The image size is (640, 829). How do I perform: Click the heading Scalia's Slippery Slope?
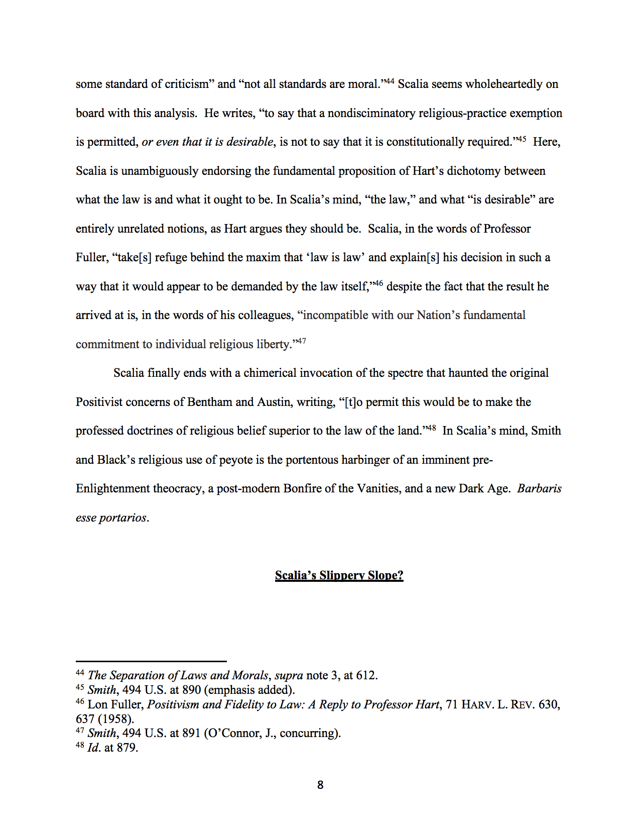tap(339, 575)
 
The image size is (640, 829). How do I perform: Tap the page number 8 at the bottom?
tap(320, 785)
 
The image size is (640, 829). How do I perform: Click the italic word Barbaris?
tap(539, 488)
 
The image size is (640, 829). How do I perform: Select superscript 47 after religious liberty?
tap(301, 341)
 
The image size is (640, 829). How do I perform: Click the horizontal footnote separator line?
tap(151, 661)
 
